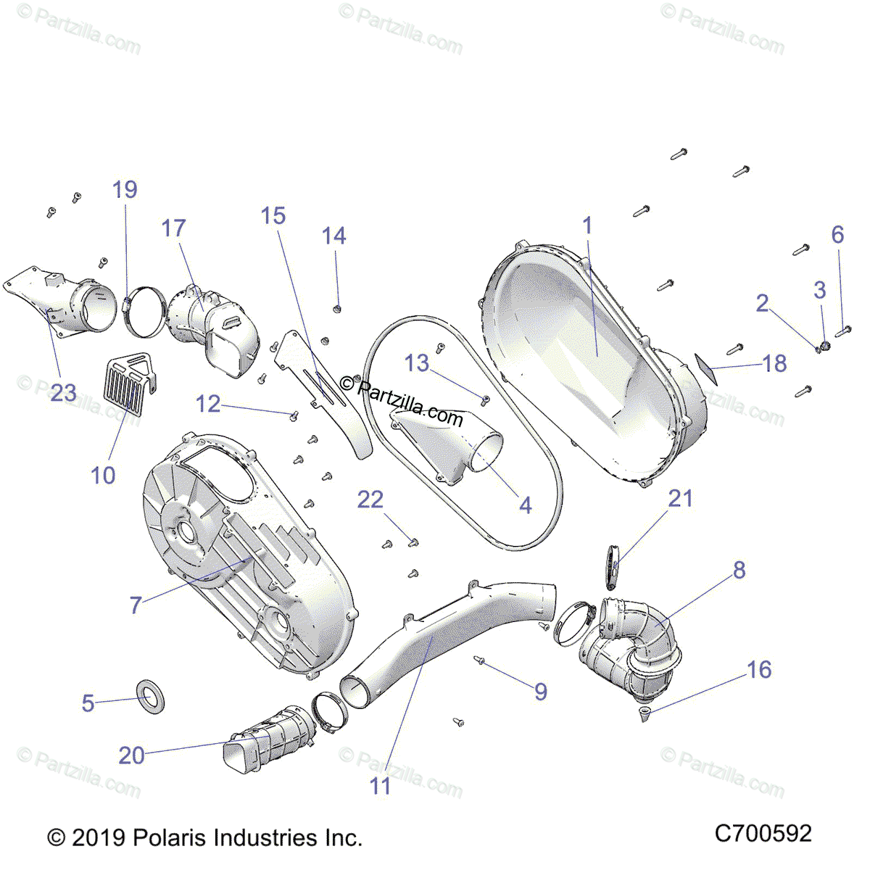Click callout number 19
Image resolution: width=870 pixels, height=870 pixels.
click(x=125, y=190)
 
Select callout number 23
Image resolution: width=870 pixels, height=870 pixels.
click(x=63, y=393)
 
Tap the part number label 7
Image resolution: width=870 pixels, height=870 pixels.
click(x=136, y=605)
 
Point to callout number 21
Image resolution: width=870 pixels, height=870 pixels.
click(x=680, y=499)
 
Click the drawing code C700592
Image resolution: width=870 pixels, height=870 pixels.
click(x=763, y=834)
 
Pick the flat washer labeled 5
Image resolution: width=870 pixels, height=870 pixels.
click(x=150, y=695)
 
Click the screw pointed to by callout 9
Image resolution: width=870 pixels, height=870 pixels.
click(x=478, y=660)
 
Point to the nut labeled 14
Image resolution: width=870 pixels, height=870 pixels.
click(x=337, y=310)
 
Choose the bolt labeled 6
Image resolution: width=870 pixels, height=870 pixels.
click(x=842, y=331)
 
